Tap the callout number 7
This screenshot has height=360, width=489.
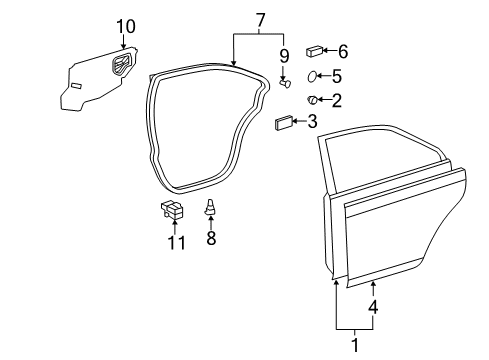pyautogui.click(x=260, y=19)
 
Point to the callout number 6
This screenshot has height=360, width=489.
pyautogui.click(x=343, y=50)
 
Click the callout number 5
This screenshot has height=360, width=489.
pyautogui.click(x=337, y=75)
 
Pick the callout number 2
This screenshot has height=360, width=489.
pyautogui.click(x=337, y=99)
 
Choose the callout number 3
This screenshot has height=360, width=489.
pyautogui.click(x=312, y=123)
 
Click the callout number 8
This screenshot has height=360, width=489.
pyautogui.click(x=211, y=239)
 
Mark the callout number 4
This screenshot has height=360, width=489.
pyautogui.click(x=374, y=308)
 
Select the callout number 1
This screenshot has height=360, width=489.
pyautogui.click(x=352, y=345)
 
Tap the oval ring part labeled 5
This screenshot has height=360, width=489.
pyautogui.click(x=312, y=75)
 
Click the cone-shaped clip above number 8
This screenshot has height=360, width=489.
pyautogui.click(x=211, y=208)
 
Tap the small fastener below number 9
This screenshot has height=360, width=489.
pyautogui.click(x=284, y=84)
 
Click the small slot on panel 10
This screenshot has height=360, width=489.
pyautogui.click(x=76, y=87)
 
